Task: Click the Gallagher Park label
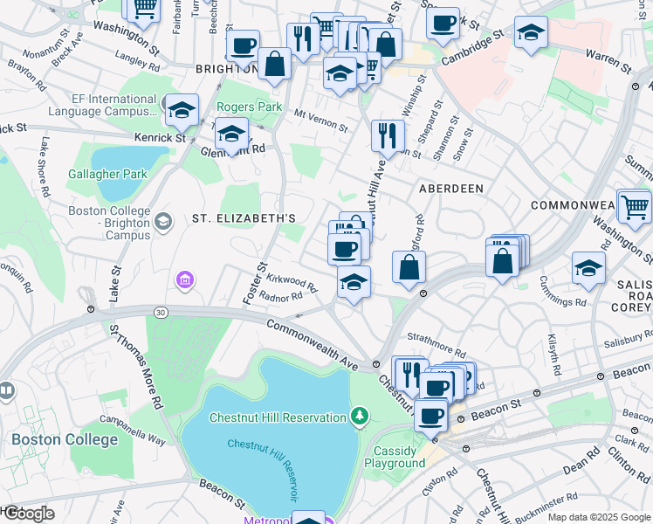[108, 174]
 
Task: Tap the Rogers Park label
[250, 107]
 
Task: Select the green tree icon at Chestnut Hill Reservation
[358, 417]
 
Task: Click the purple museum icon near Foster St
[185, 280]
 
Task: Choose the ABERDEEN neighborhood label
[450, 189]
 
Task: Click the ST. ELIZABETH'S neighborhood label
[244, 218]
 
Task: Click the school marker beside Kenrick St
[231, 134]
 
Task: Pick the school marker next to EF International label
[182, 109]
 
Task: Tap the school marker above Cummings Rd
[589, 267]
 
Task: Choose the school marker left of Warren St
[531, 31]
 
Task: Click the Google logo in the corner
[28, 514]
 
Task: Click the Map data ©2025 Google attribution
[598, 517]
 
